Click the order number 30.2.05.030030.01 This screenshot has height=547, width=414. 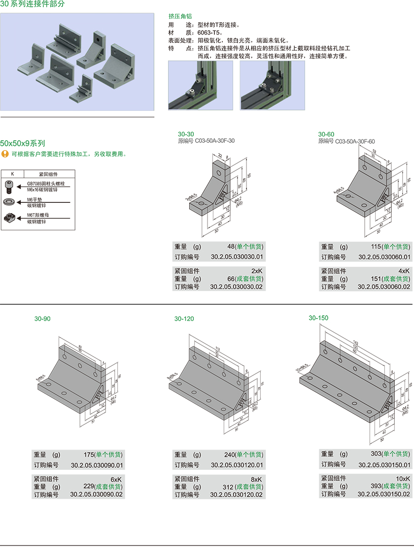pyautogui.click(x=237, y=257)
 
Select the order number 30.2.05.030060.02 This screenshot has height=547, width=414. pyautogui.click(x=384, y=287)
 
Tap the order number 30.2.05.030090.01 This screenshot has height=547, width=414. pyautogui.click(x=97, y=465)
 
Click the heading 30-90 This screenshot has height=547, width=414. pyautogui.click(x=42, y=319)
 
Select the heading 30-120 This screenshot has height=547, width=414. pyautogui.click(x=184, y=319)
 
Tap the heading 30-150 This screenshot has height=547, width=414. pyautogui.click(x=318, y=318)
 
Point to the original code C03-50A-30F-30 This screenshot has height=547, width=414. pyautogui.click(x=214, y=141)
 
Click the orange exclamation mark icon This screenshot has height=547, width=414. pyautogui.click(x=5, y=154)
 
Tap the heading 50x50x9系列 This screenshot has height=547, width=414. pyautogui.click(x=23, y=143)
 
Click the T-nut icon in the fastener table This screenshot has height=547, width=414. pyautogui.click(x=9, y=217)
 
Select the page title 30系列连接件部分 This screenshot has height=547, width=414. pyautogui.click(x=32, y=4)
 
